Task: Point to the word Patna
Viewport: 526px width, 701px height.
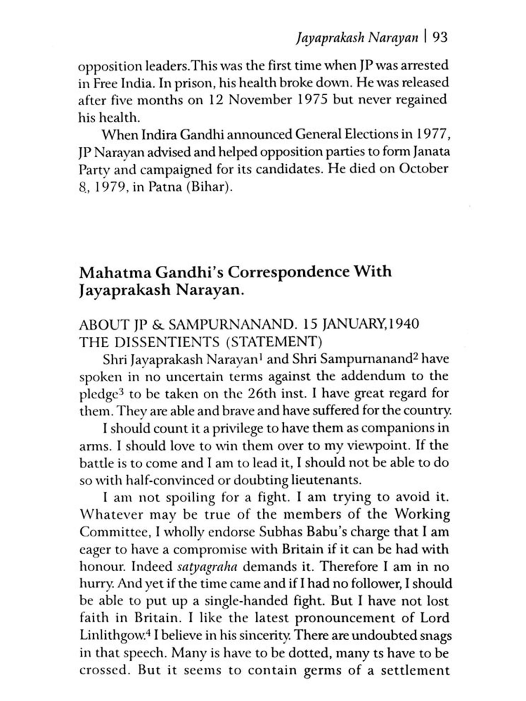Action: tap(165, 186)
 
